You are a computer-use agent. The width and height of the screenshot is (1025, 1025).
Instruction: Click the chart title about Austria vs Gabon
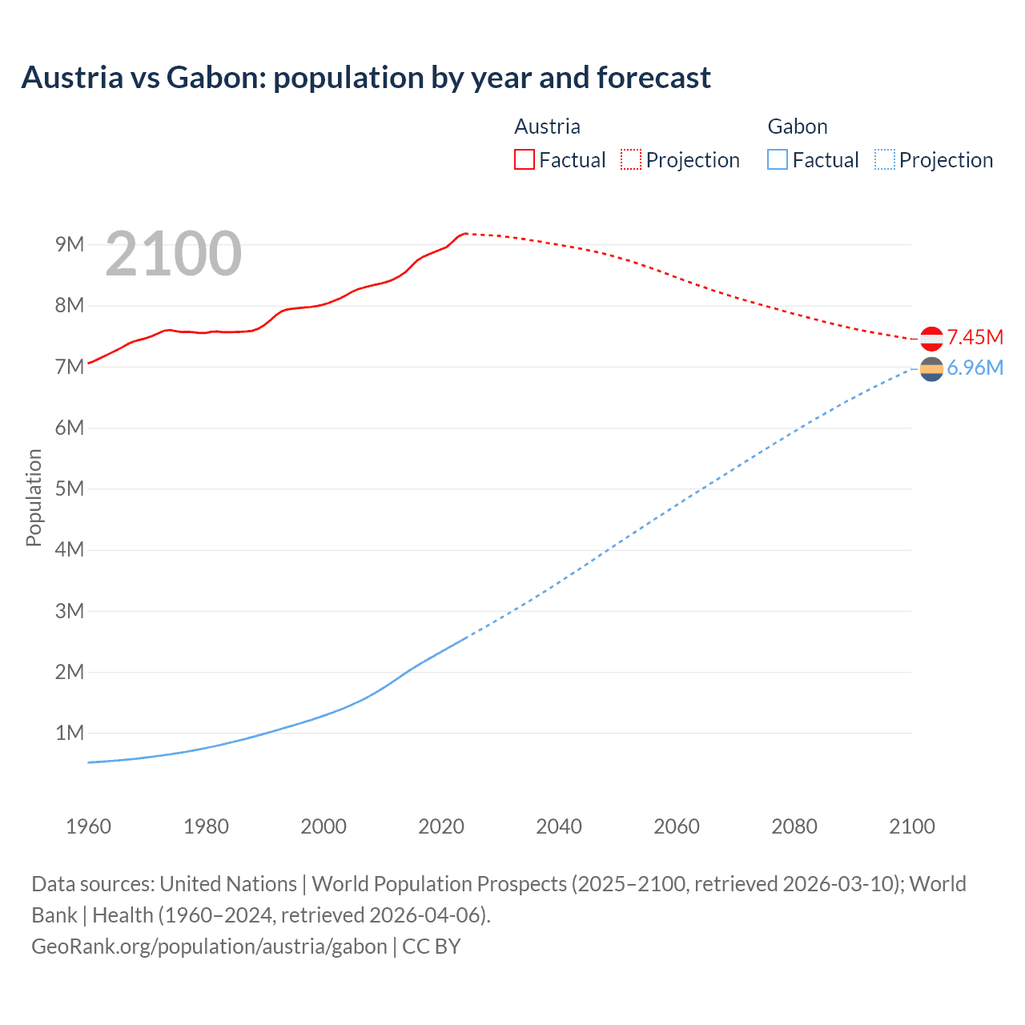pos(366,78)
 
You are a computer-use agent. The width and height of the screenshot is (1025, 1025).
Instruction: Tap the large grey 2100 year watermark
pos(173,254)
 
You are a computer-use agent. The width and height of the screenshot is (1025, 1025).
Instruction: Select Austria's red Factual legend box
pos(524,159)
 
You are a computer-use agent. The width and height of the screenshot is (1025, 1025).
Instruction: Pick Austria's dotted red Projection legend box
pos(631,159)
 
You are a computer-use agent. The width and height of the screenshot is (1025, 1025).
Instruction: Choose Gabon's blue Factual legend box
pos(777,159)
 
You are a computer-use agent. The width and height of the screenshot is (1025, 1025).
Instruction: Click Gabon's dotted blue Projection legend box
pos(884,159)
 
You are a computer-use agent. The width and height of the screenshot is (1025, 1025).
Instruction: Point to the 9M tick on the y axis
pos(70,244)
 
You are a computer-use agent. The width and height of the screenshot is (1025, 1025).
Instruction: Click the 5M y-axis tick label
pos(70,488)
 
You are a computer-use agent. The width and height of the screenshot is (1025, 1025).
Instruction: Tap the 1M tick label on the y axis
pos(70,733)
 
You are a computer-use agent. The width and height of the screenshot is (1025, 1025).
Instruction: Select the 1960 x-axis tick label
pos(88,826)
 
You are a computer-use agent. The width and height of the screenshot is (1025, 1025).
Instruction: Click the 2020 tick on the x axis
pos(441,826)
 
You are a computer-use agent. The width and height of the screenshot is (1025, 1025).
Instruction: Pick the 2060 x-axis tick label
pos(677,826)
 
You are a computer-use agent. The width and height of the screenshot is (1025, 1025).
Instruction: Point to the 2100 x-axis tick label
pos(911,826)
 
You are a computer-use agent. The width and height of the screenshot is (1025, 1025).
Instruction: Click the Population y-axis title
pos(34,497)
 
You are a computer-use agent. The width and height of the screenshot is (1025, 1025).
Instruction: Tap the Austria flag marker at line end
pos(931,339)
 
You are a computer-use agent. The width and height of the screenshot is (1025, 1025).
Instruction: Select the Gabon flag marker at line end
pos(931,369)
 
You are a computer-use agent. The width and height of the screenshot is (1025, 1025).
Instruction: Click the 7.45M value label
pos(975,337)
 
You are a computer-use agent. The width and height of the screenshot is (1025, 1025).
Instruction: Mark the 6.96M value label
pos(975,368)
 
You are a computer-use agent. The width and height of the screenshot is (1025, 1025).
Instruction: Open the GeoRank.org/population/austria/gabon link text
pos(209,947)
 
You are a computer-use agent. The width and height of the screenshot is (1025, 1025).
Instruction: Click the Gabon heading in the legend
pos(797,127)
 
